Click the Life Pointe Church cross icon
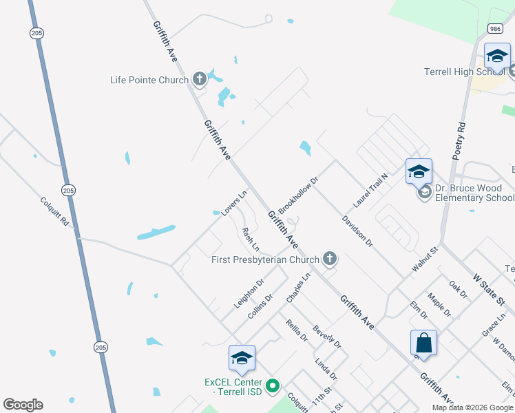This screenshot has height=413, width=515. (199, 79)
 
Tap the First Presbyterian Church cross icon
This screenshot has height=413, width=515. (330, 259)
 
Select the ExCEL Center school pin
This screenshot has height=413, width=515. (242, 358)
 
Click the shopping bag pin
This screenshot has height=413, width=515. (423, 342)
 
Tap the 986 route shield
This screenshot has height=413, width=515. (495, 28)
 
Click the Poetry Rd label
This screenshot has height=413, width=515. (460, 141)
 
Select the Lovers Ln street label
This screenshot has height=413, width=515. (234, 204)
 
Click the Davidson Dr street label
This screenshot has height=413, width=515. (357, 231)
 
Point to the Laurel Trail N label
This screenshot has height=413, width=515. (371, 191)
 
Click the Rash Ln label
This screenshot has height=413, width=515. (251, 238)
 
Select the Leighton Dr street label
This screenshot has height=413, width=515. (249, 293)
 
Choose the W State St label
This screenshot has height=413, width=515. (489, 289)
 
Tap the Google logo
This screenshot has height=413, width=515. (23, 405)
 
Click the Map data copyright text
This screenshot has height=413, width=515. (473, 407)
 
